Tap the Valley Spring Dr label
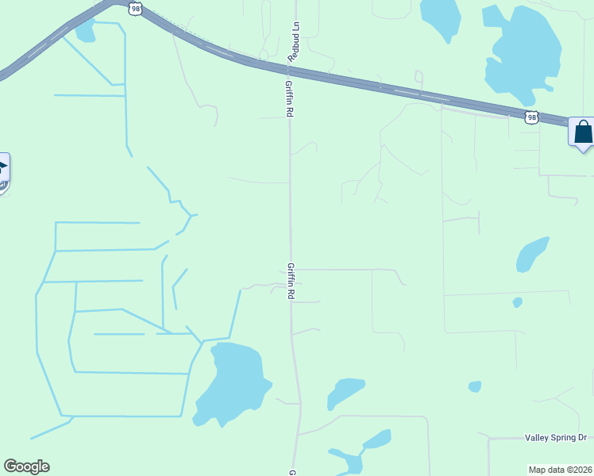(x=555, y=438)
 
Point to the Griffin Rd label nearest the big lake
(x=291, y=281)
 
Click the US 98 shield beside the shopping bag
(x=531, y=117)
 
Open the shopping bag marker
(x=582, y=132)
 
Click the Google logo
(x=26, y=466)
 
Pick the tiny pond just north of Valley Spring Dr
(x=475, y=386)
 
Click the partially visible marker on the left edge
(x=4, y=171)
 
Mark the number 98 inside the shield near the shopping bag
(x=531, y=117)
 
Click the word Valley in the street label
(x=538, y=438)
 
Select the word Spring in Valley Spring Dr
(x=562, y=438)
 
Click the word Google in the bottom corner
(x=26, y=466)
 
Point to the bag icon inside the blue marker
(x=583, y=131)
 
